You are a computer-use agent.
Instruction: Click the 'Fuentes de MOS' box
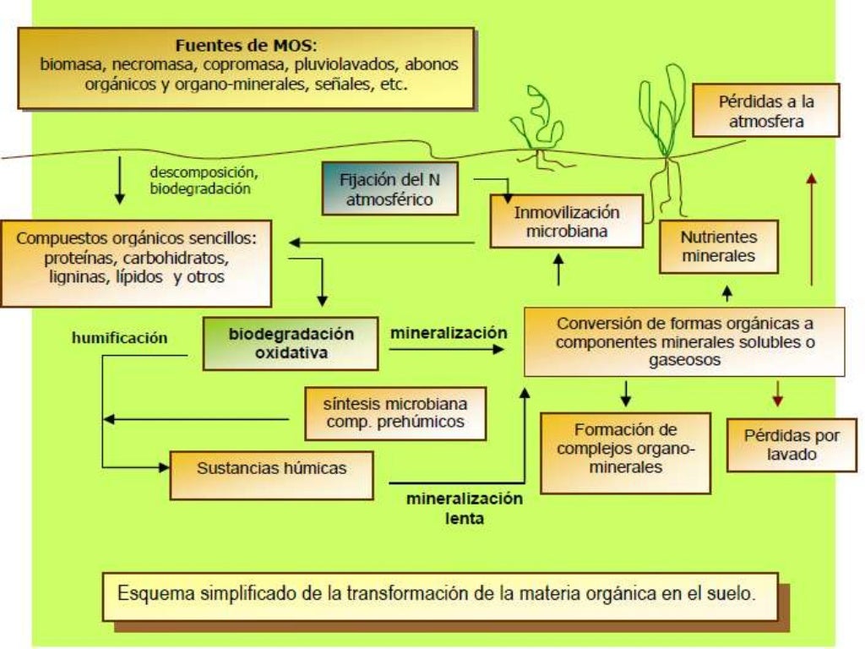click(246, 68)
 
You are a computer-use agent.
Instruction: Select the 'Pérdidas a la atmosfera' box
click(766, 111)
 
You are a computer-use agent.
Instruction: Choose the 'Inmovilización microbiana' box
click(567, 221)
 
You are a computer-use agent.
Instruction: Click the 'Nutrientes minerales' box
click(718, 246)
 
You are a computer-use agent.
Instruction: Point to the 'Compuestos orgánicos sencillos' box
click(136, 264)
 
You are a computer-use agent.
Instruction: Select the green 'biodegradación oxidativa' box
click(291, 342)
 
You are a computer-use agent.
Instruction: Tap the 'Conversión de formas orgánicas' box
click(685, 341)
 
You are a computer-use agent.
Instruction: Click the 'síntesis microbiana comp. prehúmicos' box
click(394, 412)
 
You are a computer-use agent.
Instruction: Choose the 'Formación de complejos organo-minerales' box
click(625, 452)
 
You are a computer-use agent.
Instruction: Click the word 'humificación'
click(119, 338)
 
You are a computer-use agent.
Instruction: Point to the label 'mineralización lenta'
click(465, 508)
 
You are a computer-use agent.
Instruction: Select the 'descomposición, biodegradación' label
click(200, 181)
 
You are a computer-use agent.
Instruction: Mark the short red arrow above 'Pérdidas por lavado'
click(778, 394)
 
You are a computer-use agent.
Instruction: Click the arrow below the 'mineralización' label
click(449, 347)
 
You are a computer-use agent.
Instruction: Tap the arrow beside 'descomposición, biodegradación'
click(119, 181)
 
